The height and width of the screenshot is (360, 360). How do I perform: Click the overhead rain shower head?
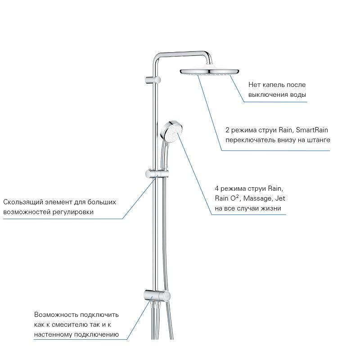pyautogui.click(x=209, y=72)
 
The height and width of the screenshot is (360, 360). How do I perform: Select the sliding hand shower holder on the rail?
pyautogui.click(x=157, y=174)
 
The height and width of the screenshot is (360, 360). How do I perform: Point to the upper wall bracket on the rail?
pyautogui.click(x=153, y=80)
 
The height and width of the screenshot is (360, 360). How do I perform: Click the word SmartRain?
pyautogui.click(x=312, y=130)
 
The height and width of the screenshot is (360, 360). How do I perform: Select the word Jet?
pyautogui.click(x=280, y=198)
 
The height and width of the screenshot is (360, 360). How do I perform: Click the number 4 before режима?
pyautogui.click(x=217, y=189)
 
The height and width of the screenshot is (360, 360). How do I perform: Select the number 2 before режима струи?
pyautogui.click(x=228, y=130)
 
